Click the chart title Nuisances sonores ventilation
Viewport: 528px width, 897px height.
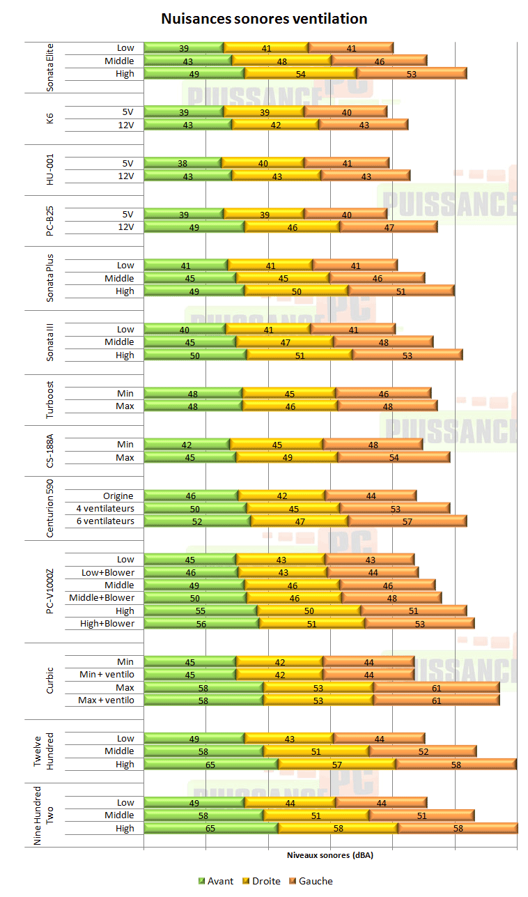[264, 19]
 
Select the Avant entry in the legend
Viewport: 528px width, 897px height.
[217, 881]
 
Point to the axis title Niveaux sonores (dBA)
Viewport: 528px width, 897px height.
[330, 855]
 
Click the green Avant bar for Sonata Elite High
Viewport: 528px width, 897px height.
[194, 73]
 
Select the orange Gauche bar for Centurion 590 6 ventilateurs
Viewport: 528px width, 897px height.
[407, 521]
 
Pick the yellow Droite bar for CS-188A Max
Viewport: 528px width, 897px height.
[287, 457]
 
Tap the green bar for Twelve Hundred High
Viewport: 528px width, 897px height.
[211, 764]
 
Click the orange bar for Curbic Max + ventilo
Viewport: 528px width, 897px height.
[437, 700]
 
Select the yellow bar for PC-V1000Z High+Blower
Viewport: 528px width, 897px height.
[312, 623]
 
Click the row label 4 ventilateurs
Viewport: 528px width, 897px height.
[105, 508]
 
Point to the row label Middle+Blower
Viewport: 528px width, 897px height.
[102, 597]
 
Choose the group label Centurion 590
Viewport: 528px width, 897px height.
[50, 508]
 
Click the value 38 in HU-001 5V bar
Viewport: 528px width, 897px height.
[183, 162]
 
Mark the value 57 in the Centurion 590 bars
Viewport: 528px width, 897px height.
[407, 521]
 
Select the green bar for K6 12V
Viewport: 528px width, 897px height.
[188, 124]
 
